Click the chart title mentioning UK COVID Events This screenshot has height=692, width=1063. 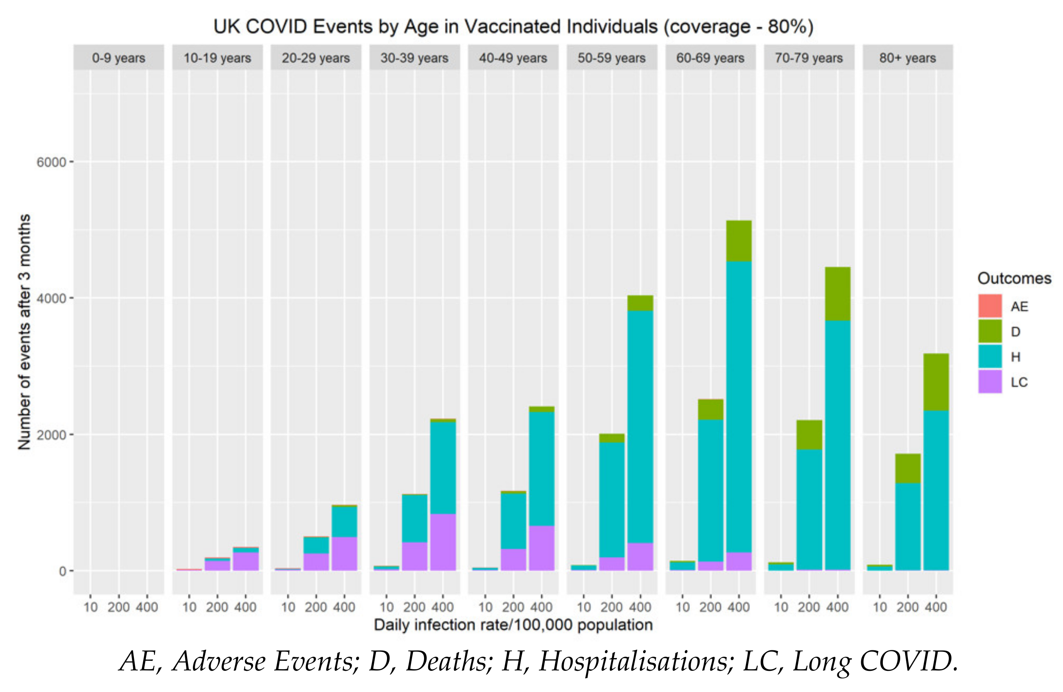tap(513, 27)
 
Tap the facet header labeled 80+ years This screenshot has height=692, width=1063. tap(907, 58)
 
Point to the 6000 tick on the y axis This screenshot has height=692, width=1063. tap(51, 162)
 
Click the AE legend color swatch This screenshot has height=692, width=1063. tap(990, 306)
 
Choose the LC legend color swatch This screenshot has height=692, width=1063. tap(990, 382)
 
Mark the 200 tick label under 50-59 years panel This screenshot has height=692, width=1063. tap(612, 607)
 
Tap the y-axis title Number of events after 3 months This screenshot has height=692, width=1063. tap(24, 332)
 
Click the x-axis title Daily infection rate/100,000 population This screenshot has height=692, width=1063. tap(513, 624)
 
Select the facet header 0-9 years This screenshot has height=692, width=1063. tap(118, 58)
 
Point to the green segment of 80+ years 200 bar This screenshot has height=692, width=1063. tap(907, 468)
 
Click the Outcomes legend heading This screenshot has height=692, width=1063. tap(1014, 278)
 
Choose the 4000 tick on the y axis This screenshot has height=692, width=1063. tap(51, 298)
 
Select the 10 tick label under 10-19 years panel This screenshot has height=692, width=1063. tap(189, 607)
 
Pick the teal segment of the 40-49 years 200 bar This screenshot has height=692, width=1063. tap(513, 521)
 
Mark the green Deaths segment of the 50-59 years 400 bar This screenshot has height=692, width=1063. tap(640, 303)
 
